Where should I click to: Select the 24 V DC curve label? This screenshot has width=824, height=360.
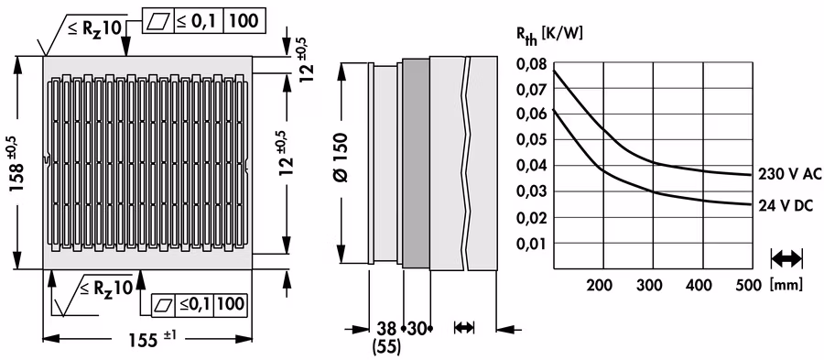[x=786, y=206]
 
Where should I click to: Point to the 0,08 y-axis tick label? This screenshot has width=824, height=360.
[x=532, y=64]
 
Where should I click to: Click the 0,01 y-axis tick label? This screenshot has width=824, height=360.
[x=532, y=244]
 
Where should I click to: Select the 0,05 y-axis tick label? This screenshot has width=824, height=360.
[x=532, y=141]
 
